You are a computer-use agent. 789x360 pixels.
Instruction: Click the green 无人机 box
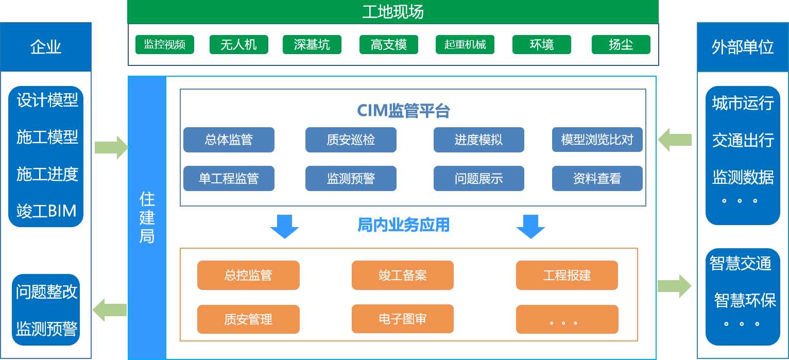238,45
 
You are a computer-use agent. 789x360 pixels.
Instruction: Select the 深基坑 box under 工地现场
312,45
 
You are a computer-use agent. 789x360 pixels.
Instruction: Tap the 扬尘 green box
621,45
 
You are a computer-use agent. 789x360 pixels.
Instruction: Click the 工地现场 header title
393,12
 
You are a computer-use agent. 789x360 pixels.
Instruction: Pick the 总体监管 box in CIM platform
229,140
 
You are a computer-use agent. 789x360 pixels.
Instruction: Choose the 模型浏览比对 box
597,140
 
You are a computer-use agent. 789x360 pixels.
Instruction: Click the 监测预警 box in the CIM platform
351,179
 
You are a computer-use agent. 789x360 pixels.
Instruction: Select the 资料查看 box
597,179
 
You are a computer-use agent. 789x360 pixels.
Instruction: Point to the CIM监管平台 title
404,110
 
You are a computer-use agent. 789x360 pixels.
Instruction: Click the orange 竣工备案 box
402,275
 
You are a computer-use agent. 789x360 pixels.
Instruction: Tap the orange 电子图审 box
402,319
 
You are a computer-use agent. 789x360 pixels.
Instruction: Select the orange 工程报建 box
567,275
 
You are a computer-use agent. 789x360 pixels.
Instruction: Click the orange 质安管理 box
248,319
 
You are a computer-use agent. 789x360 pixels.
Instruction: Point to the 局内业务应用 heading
404,225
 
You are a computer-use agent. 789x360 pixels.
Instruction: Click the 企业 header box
46,47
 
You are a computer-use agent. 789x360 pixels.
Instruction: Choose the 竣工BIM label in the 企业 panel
46,211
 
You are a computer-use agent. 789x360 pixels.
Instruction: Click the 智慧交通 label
741,263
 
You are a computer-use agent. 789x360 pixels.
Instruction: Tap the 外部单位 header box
742,47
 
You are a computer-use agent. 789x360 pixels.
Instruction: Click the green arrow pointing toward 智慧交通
674,286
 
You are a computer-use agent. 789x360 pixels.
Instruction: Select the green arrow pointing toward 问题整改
109,310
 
